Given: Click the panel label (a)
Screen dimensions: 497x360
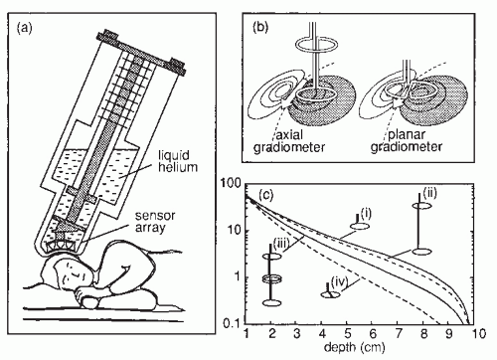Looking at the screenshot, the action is [25, 28].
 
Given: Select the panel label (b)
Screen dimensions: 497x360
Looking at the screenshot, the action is [260, 27].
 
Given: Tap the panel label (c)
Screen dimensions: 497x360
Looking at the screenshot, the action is [265, 195].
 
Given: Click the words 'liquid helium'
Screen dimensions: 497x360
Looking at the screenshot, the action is [178, 161].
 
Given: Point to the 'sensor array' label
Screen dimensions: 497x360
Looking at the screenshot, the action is [154, 222].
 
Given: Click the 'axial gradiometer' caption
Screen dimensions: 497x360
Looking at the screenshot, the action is [289, 141].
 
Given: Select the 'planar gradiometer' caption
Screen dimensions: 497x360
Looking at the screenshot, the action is [407, 140].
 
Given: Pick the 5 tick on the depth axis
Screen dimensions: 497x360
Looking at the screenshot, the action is [347, 333].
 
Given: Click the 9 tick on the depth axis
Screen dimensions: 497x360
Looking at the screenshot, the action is [448, 333].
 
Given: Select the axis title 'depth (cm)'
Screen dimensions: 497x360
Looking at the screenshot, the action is [355, 347].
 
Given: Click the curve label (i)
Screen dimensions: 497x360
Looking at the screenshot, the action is [365, 214].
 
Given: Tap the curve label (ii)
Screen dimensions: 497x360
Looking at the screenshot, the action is [429, 192].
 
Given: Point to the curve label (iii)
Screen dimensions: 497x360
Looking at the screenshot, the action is [281, 244].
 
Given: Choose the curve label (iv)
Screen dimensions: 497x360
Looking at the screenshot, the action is [339, 282].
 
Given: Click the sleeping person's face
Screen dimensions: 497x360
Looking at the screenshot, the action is [74, 273].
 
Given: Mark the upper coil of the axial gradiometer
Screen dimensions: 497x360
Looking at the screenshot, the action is [316, 45].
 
